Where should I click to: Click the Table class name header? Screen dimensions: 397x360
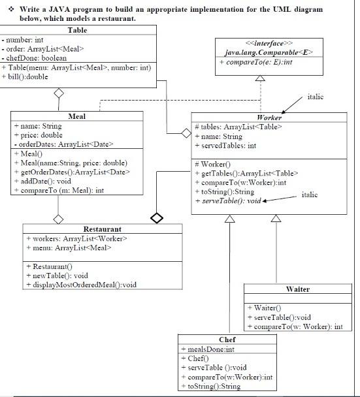click(x=78, y=31)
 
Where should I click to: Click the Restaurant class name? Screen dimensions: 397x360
click(x=103, y=229)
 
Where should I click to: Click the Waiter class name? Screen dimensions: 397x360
click(x=297, y=289)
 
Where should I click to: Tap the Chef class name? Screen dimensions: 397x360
click(x=227, y=340)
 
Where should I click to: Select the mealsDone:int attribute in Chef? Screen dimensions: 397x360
click(x=206, y=349)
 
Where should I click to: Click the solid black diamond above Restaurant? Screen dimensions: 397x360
click(x=157, y=217)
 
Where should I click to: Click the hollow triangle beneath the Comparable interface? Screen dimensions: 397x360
click(x=259, y=78)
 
